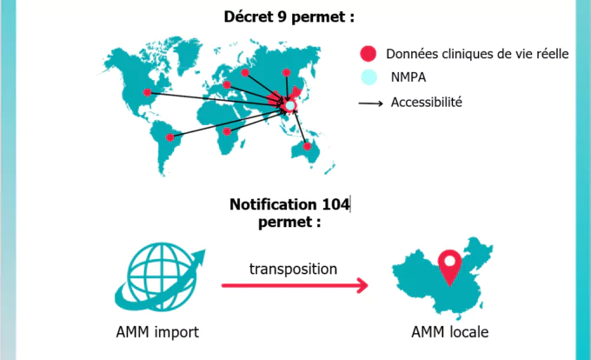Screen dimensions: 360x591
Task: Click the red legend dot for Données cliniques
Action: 369,54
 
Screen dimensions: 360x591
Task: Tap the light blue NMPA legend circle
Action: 369,78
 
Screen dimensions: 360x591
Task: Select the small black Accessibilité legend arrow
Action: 370,103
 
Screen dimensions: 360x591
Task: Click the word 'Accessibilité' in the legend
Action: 426,103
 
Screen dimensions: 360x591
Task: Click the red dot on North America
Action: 147,92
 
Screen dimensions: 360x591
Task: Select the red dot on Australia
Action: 306,146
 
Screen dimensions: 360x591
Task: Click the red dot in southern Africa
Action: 227,131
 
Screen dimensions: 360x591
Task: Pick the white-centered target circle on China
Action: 290,105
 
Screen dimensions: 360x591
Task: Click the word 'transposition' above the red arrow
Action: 293,269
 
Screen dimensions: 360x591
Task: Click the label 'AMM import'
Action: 157,332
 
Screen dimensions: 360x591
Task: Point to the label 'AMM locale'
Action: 449,332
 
